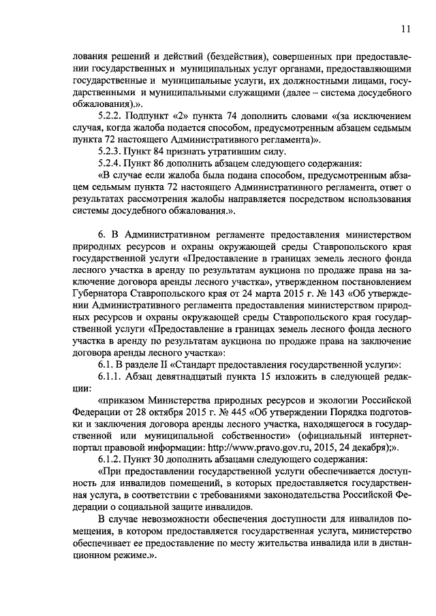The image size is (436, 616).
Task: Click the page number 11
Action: [x=406, y=29]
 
